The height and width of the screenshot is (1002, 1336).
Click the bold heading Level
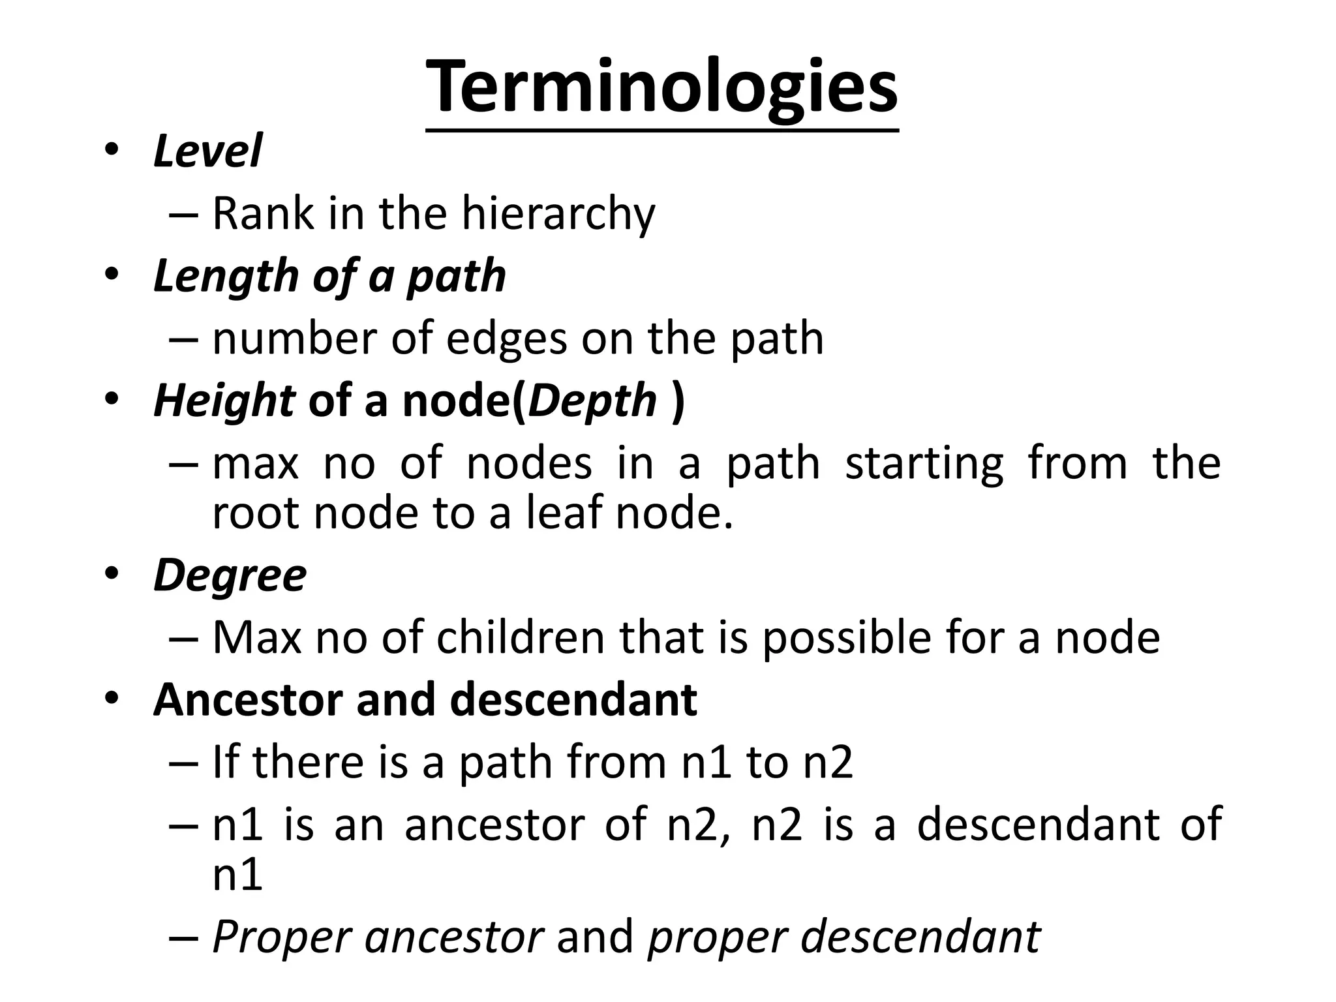[x=207, y=151]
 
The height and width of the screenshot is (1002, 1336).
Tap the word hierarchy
[x=558, y=214]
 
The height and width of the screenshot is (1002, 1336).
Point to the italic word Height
[x=224, y=401]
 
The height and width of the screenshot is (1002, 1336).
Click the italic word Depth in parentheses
[x=592, y=401]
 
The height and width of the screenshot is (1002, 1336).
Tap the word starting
[x=924, y=464]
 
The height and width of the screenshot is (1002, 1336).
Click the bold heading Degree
[x=230, y=575]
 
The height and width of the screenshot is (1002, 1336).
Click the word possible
[x=847, y=637]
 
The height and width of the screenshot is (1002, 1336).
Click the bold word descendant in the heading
[x=573, y=700]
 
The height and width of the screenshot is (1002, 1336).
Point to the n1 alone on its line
[x=237, y=875]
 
